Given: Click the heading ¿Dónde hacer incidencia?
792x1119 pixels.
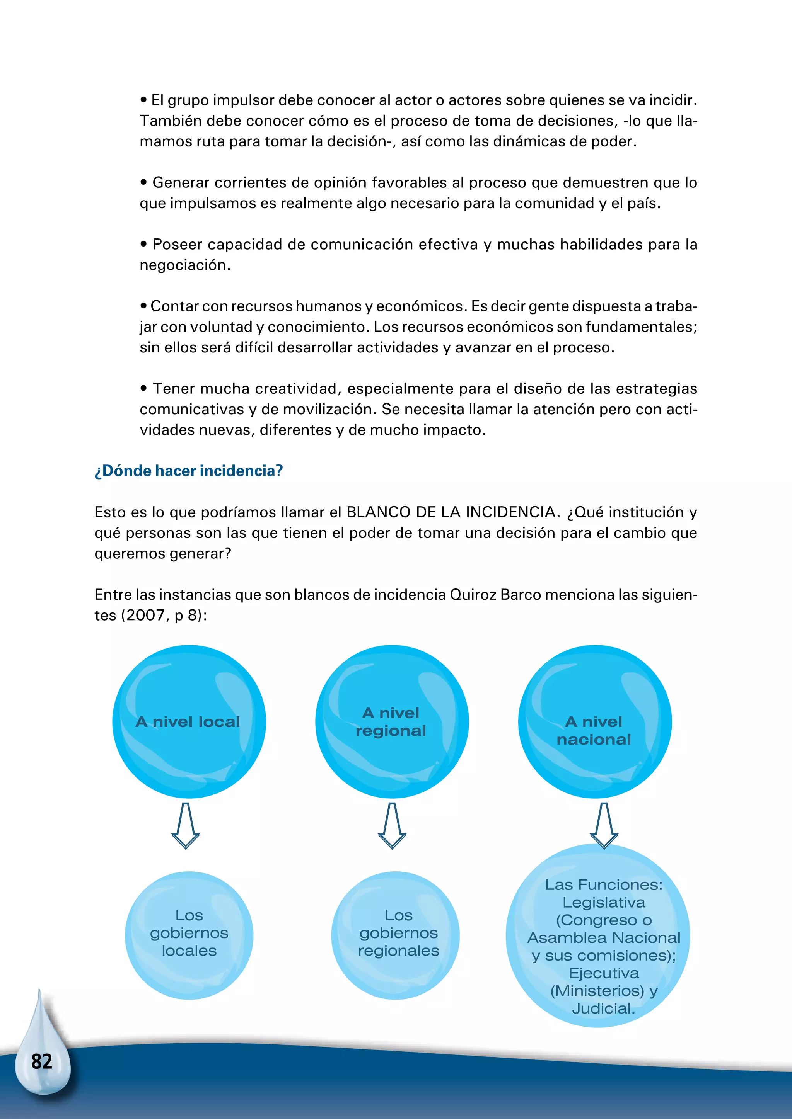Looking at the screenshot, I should pos(189,471).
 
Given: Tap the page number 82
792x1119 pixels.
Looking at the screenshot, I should pos(41,1061).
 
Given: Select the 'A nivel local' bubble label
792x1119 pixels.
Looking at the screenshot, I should pos(188,722).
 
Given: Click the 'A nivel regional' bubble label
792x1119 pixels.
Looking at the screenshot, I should pos(391,722).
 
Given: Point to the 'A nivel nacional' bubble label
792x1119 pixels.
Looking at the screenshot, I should pos(594,731).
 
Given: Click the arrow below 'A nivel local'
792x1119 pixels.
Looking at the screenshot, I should pos(185,826).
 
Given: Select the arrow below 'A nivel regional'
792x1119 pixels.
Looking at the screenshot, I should pos(392,826).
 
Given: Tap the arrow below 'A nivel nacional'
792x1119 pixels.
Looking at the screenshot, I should pos(604,826).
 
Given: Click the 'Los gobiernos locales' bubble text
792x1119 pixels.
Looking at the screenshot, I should pos(189,933).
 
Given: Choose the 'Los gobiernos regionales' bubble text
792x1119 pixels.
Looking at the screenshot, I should pos(398,933).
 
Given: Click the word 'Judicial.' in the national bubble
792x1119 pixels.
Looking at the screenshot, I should pos(604,1009).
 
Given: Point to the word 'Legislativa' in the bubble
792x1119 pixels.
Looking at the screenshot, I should pos(604,903).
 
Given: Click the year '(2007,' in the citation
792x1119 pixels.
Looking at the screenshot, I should pos(145,616).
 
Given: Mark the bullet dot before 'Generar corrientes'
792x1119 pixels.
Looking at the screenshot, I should pos(143,183).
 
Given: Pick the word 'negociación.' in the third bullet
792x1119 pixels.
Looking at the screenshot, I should pos(185,265).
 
